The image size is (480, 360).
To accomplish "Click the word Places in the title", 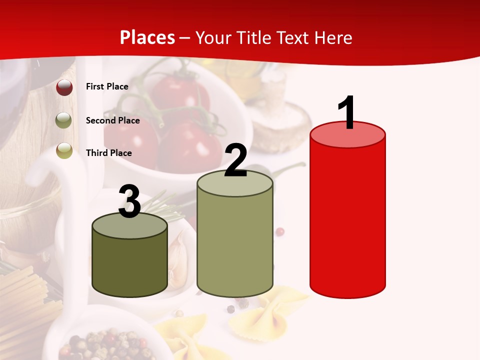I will coord(147,37).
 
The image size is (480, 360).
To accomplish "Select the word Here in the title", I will coord(333,38).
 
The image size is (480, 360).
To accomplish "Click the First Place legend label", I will coord(107,86).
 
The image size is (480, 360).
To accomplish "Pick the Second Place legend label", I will coord(112,120).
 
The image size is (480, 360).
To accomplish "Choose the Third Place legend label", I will coord(108,153).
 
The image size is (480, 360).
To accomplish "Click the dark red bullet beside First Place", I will coord(64,87).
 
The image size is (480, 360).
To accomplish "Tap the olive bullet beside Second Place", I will coord(64,120).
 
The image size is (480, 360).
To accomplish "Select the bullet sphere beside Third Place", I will coord(64,150).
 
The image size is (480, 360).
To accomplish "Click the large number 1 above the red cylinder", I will coord(347,112).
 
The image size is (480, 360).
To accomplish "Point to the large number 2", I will coord(236,161).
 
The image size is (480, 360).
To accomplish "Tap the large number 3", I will coord(129,201).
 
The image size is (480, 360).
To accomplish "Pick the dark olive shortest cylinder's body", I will coord(129,265).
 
